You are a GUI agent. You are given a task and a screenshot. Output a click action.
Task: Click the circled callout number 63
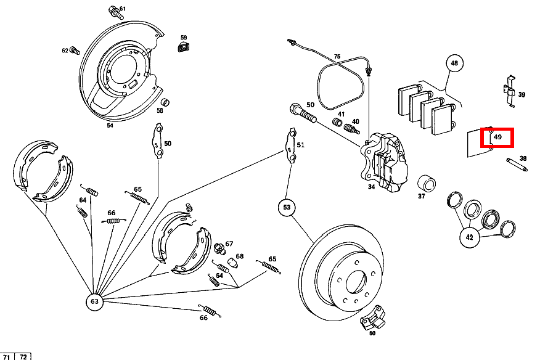94,301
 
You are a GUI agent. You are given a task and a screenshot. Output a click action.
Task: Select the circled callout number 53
287,208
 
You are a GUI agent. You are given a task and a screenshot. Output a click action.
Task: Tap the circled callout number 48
454,63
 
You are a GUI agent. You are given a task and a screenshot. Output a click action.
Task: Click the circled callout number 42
469,237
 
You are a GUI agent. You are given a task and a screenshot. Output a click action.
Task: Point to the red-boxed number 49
497,136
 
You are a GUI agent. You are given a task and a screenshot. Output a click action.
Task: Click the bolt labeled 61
113,11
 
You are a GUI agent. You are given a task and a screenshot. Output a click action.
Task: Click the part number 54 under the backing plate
110,125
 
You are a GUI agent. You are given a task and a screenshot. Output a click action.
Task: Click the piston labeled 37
427,183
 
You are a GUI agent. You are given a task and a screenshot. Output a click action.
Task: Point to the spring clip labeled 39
509,91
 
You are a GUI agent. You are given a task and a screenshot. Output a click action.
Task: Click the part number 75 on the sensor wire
337,57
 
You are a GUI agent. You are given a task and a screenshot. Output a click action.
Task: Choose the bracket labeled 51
290,147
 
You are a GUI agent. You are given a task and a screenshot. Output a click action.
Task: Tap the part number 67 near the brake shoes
229,244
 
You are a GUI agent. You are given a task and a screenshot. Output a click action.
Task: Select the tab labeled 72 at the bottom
23,356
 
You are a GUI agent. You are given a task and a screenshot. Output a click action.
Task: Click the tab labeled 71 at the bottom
8,356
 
